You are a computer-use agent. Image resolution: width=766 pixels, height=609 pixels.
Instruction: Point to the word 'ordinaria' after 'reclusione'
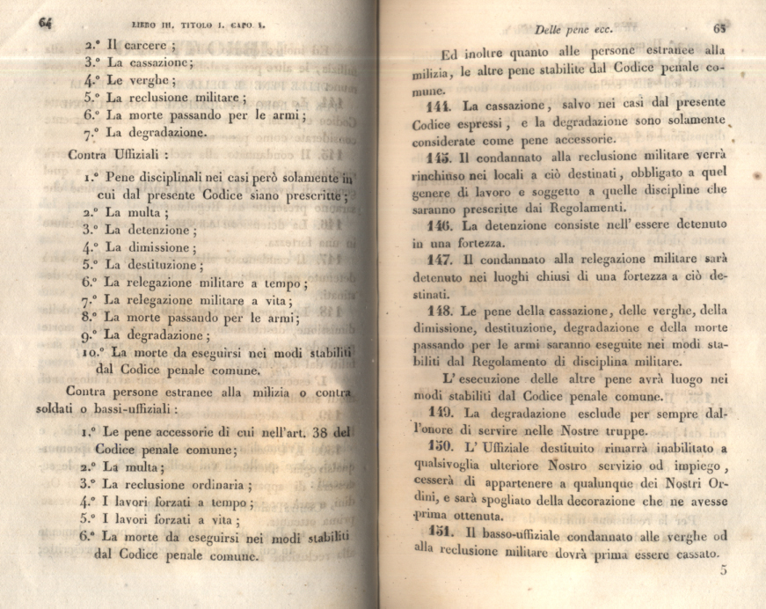209,484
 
